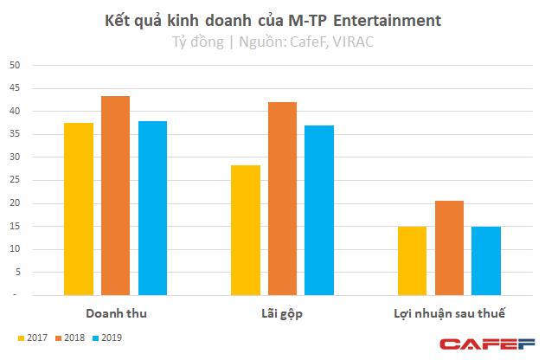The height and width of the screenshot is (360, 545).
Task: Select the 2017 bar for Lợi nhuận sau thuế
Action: tap(412, 260)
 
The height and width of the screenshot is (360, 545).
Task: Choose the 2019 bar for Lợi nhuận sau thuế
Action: tap(485, 260)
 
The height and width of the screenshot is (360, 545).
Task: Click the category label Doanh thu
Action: tap(115, 312)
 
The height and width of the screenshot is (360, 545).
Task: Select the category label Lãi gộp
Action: tap(282, 312)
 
